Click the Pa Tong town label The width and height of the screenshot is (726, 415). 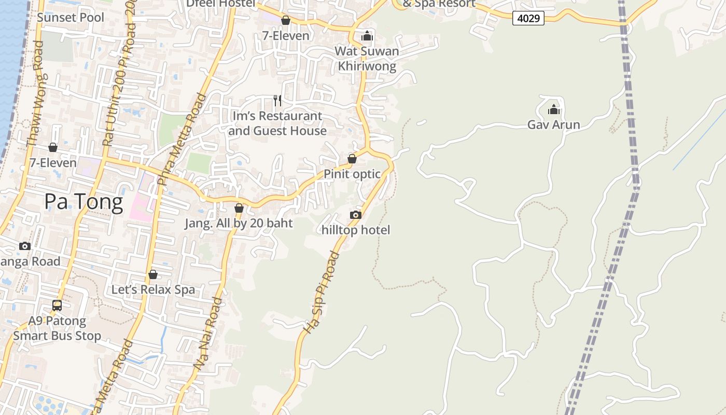[83, 202]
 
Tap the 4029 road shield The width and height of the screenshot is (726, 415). [528, 19]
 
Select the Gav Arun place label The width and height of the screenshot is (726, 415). [553, 125]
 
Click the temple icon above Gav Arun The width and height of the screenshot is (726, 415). [554, 109]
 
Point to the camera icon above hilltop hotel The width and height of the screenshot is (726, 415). [356, 215]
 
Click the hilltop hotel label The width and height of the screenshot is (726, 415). [356, 230]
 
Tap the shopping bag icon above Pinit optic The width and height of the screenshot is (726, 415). [352, 159]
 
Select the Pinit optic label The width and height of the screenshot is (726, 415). [352, 174]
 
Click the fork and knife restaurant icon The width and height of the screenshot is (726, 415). [277, 100]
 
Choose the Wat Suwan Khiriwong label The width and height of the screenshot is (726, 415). [367, 59]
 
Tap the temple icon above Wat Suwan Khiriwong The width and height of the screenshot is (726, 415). [367, 36]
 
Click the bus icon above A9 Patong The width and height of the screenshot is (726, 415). [57, 306]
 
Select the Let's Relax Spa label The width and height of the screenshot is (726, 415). [153, 289]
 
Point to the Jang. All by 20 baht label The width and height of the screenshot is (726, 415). [239, 224]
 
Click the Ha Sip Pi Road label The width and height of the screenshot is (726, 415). [320, 293]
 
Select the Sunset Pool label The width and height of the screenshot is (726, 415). [71, 18]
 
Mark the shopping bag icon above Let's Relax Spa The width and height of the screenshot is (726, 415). [153, 274]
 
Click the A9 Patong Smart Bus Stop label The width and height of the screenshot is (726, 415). [57, 328]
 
